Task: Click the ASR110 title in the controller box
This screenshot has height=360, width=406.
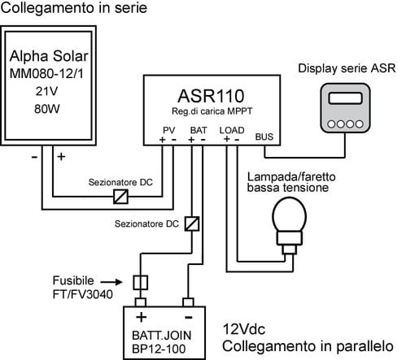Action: (x=211, y=96)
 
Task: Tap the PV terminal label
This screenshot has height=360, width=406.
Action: (x=168, y=130)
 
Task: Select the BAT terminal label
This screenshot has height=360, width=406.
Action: (x=199, y=130)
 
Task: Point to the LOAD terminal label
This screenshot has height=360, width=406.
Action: (x=232, y=130)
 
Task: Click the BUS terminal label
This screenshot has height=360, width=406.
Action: (x=264, y=137)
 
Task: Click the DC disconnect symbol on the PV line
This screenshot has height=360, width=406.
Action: (x=120, y=197)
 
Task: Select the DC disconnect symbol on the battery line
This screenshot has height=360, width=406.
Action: (x=192, y=223)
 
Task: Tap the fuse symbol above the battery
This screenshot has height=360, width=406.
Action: (x=141, y=283)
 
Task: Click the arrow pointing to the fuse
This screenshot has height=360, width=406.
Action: (x=112, y=282)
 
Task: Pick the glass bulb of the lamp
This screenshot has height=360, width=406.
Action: (x=290, y=215)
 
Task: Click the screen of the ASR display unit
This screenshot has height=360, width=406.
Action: (x=345, y=98)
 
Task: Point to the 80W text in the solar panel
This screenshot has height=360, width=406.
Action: (x=47, y=109)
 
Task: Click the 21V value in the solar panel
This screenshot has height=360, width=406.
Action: (x=46, y=92)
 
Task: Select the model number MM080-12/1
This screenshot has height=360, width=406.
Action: (x=46, y=74)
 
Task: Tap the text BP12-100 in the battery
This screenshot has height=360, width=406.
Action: (x=159, y=349)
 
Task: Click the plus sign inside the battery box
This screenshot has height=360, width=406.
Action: (x=141, y=317)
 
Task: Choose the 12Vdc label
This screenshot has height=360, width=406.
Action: (x=244, y=329)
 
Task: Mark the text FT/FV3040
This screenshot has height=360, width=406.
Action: (x=83, y=294)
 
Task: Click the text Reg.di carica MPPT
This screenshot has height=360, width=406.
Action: (x=212, y=111)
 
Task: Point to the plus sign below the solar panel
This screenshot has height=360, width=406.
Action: (x=61, y=157)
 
